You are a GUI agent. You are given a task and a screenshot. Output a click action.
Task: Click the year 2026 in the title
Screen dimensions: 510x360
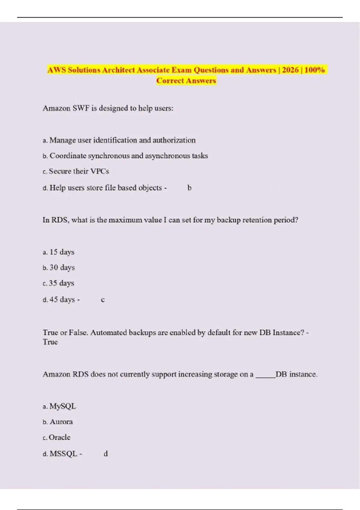(290, 70)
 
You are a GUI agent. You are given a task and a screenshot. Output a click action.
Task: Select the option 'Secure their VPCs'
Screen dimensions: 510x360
(79, 171)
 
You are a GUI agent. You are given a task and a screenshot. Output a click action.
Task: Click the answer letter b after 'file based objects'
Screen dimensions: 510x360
(189, 188)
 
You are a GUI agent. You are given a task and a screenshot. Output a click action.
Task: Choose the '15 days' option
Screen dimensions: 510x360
(62, 252)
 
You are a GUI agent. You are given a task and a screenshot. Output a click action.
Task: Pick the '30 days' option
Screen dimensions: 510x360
(62, 267)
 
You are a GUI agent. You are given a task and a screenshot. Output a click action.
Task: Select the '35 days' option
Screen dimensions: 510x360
(61, 283)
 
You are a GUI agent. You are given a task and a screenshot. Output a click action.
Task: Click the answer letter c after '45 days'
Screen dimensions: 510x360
(103, 300)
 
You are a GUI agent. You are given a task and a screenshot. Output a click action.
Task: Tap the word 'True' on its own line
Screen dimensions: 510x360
(50, 342)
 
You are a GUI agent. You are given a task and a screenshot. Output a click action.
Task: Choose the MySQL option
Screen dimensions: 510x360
(63, 406)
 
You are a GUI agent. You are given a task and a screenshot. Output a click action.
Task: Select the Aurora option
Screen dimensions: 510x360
(61, 422)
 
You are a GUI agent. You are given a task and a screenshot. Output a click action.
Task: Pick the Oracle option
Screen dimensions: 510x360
(60, 437)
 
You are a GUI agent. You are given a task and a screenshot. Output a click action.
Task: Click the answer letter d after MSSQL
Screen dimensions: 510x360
(106, 454)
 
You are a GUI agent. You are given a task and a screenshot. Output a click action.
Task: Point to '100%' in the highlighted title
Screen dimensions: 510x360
(314, 70)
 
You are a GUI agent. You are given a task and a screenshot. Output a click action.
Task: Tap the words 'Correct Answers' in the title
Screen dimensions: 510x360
(186, 81)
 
